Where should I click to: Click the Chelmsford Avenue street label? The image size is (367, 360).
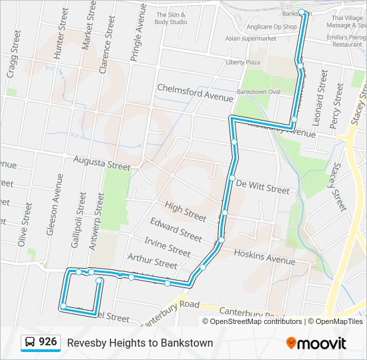[x=195, y=93]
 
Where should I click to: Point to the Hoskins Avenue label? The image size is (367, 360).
[x=264, y=256]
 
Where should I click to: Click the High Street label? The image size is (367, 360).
[x=186, y=212]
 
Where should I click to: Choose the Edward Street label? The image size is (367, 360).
[x=175, y=230]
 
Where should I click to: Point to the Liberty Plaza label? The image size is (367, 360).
[x=243, y=62]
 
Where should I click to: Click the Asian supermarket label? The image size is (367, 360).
[x=251, y=39]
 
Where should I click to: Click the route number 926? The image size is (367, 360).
[x=47, y=342]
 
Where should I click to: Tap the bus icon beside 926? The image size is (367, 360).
[x=30, y=343]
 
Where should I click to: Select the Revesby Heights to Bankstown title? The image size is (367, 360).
[x=139, y=343]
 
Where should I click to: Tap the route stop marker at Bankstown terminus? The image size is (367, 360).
[x=302, y=12]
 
